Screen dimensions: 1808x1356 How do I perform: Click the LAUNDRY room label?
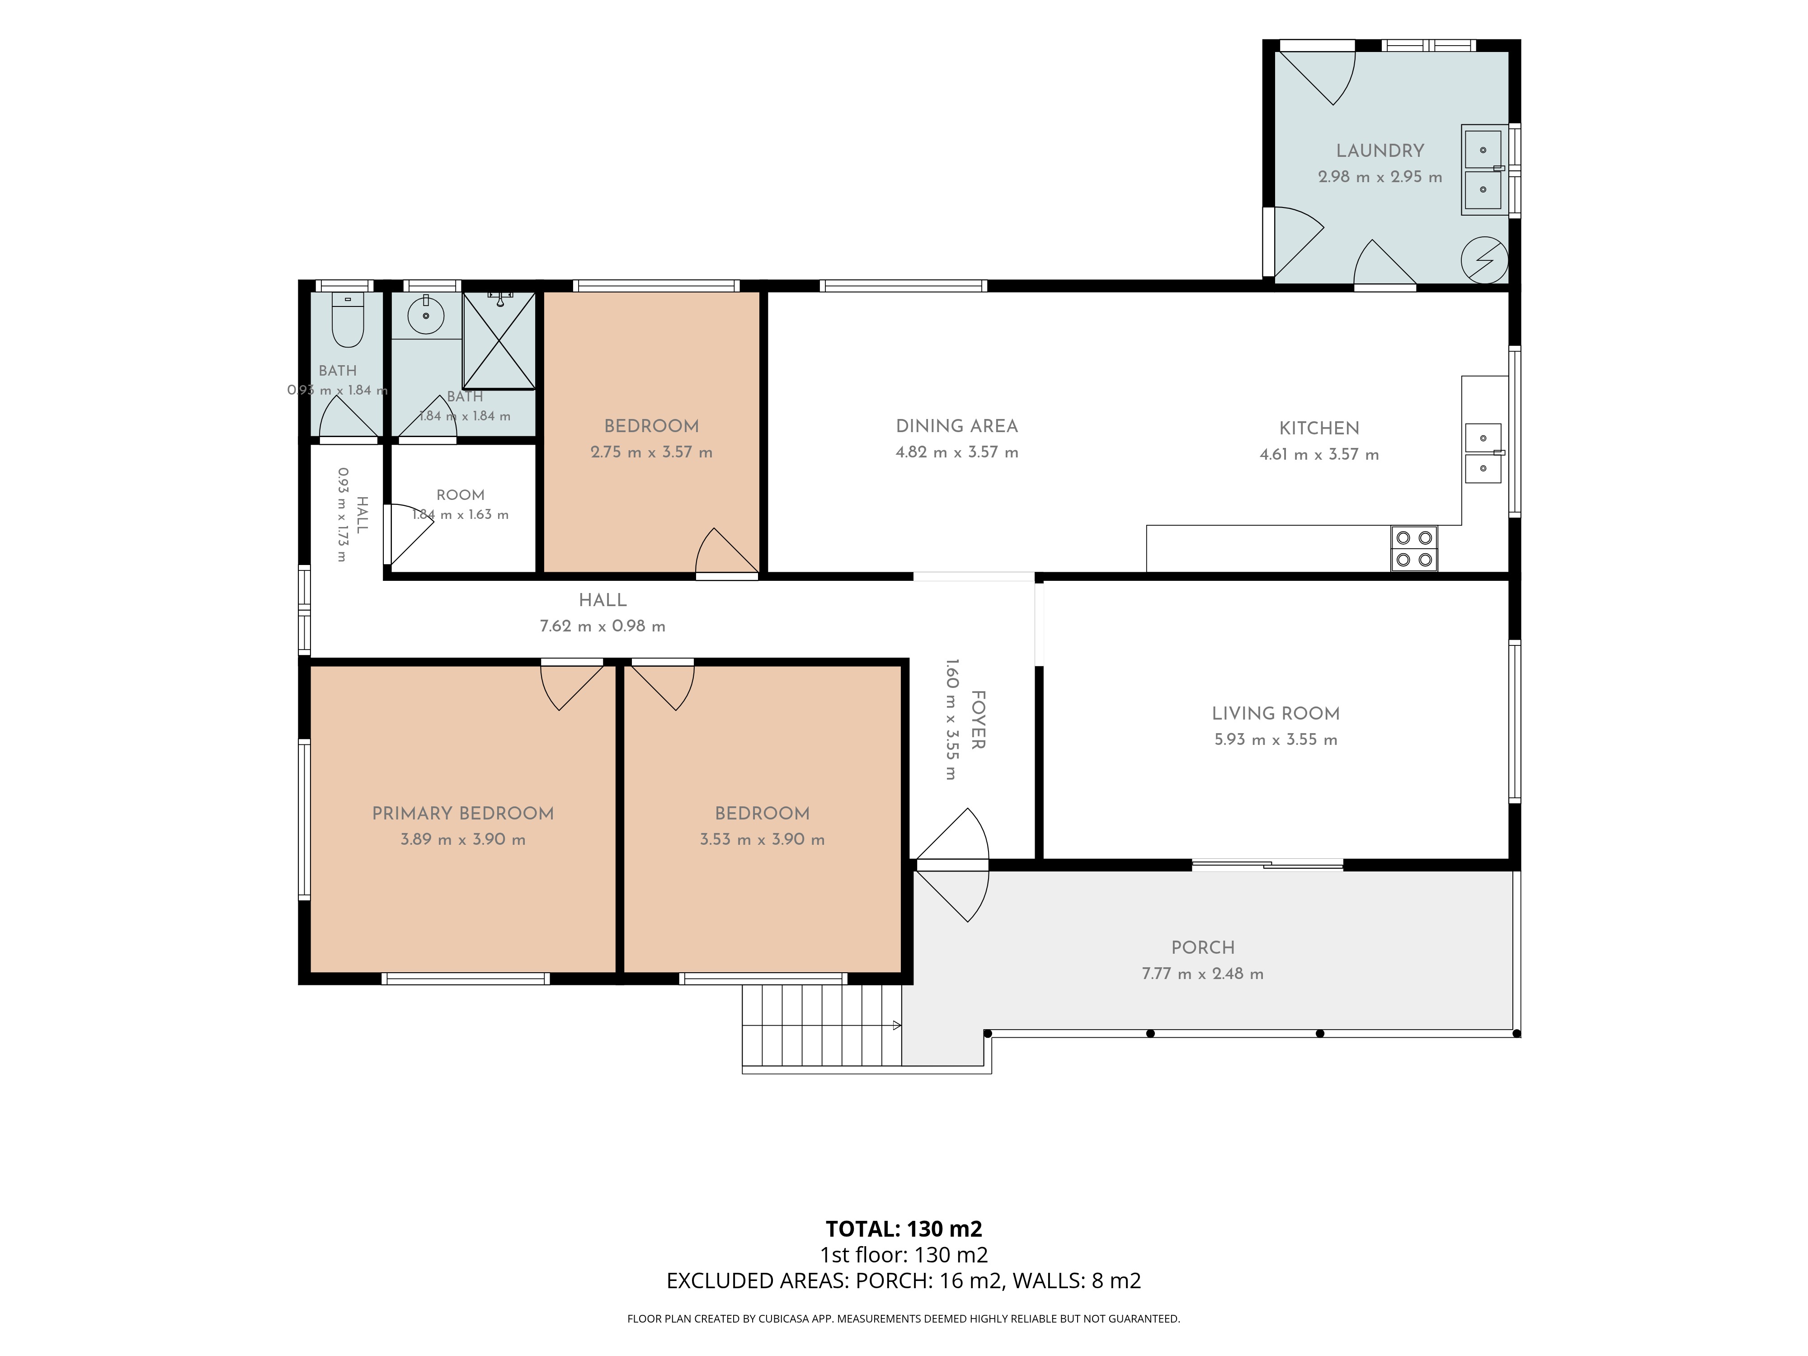[x=1380, y=151]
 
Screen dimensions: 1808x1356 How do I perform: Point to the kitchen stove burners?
[x=1414, y=548]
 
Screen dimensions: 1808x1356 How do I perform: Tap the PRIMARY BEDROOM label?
[x=463, y=813]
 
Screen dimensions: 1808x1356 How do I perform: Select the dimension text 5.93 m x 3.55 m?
[x=1275, y=740]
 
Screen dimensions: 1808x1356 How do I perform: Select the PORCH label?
[x=1202, y=947]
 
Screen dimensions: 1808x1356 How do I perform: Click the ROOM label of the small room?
[x=460, y=494]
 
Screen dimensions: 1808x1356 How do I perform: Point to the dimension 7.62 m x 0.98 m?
[x=603, y=626]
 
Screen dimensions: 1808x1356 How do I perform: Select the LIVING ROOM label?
[x=1275, y=714]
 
